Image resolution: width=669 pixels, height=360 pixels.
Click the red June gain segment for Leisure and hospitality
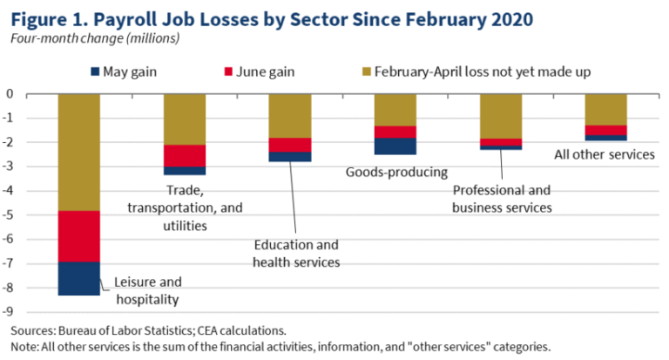pos(78,236)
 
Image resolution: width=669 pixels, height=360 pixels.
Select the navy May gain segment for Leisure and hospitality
pos(78,279)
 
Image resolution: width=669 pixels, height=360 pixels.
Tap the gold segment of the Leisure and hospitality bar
pos(78,153)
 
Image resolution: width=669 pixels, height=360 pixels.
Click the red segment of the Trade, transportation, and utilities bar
pos(185,156)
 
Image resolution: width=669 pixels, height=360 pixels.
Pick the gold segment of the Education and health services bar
pos(290,116)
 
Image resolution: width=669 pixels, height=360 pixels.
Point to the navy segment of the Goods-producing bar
pos(395,146)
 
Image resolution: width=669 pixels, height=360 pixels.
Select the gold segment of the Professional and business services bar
pos(501,116)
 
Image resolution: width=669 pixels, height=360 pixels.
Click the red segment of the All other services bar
pos(606,131)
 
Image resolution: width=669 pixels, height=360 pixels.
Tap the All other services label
pos(605,154)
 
